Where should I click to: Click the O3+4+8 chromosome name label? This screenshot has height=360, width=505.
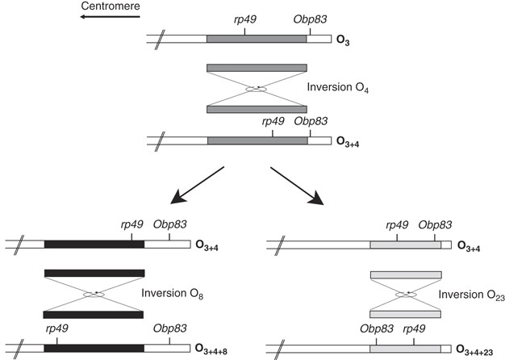click(x=217, y=349)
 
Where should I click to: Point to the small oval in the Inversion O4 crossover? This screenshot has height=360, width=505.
click(x=257, y=89)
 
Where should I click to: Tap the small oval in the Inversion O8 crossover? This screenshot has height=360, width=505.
click(x=94, y=293)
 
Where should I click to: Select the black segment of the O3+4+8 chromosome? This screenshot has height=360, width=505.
click(x=94, y=348)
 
